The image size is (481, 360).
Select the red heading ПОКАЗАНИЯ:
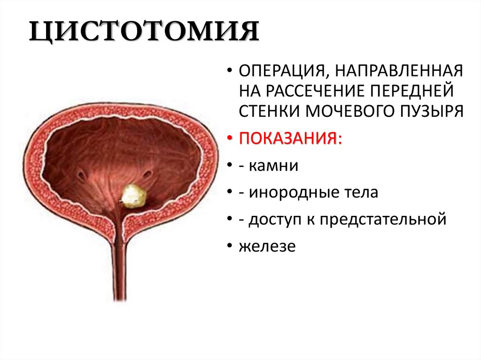290,138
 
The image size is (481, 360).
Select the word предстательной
383,219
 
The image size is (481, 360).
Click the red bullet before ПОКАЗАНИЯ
229,139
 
